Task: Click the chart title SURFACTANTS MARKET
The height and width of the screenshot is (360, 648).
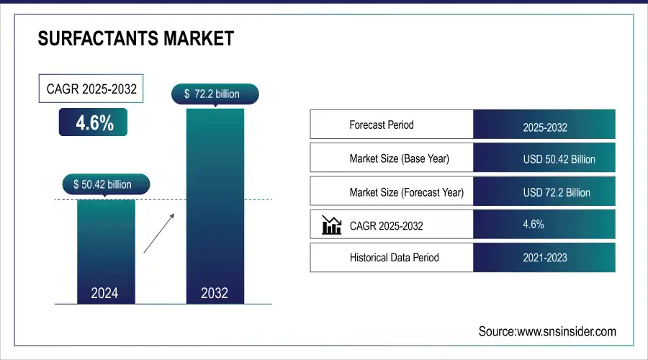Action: pos(135,38)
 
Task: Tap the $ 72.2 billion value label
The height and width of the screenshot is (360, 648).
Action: pos(215,94)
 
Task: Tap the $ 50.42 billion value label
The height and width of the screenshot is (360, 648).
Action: pos(106,184)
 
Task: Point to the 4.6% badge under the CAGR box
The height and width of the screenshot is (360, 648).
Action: pos(94,123)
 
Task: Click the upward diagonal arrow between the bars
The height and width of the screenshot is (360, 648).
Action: pos(158,233)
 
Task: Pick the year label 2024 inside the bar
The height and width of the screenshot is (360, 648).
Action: pos(105,293)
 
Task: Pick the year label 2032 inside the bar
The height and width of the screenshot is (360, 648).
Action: pos(215,293)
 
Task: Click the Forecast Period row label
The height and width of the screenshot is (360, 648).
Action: pos(382,125)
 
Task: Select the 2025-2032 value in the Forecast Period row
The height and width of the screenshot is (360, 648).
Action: pos(545,127)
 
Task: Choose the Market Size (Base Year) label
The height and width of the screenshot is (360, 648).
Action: pos(399,158)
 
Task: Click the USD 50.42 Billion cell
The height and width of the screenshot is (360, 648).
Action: pos(559,159)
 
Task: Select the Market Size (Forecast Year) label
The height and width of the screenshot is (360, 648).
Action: pos(406,192)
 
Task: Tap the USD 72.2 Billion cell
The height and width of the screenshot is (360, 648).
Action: pos(557,192)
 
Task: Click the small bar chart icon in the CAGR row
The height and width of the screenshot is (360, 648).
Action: pos(331,225)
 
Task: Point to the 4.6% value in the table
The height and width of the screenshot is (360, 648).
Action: pos(534,224)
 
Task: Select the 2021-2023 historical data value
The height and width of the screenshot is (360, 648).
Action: pos(545,257)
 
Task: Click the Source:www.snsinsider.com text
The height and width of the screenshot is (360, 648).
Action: pos(547,331)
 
